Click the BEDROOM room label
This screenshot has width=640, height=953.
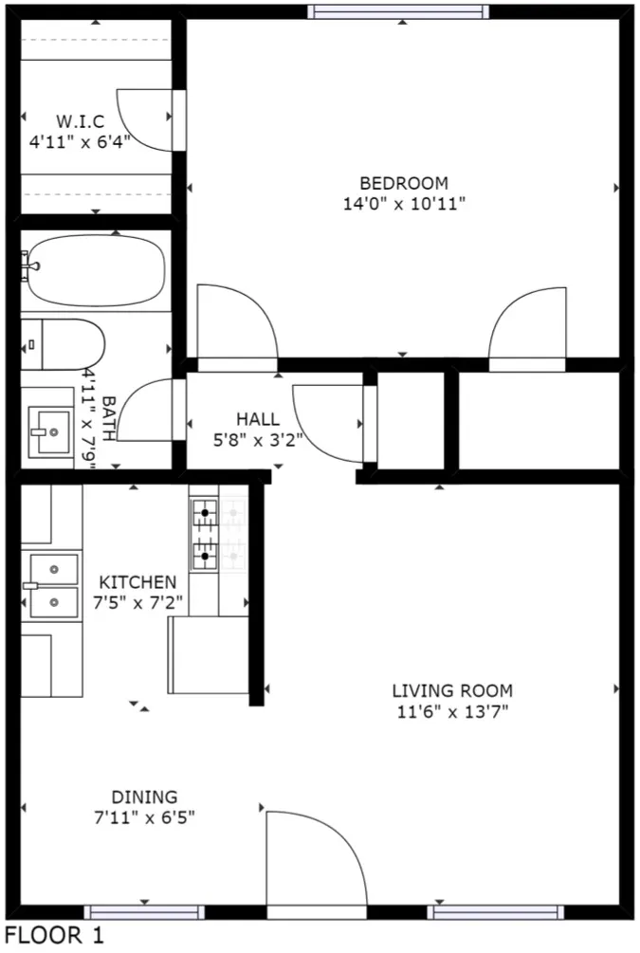coord(404,183)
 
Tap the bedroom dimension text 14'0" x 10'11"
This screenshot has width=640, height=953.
coord(404,204)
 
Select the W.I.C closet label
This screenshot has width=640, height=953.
coord(81,121)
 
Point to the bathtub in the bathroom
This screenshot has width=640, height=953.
coord(96,270)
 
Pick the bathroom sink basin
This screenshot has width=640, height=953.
coord(50,432)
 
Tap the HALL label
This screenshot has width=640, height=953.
coord(258,419)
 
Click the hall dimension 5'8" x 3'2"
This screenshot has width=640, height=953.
coord(258,439)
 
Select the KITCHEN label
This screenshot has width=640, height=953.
coord(137,582)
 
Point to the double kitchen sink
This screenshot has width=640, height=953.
coord(52,586)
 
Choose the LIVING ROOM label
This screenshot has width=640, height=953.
coord(452,690)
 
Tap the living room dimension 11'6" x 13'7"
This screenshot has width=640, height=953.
coord(452,711)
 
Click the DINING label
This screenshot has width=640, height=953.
coord(145,797)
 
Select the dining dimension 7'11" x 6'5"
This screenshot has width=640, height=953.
coord(145,817)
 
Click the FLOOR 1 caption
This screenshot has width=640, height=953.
coord(55,935)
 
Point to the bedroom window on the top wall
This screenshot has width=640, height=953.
coord(399,11)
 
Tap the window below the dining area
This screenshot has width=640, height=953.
coord(145,912)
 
